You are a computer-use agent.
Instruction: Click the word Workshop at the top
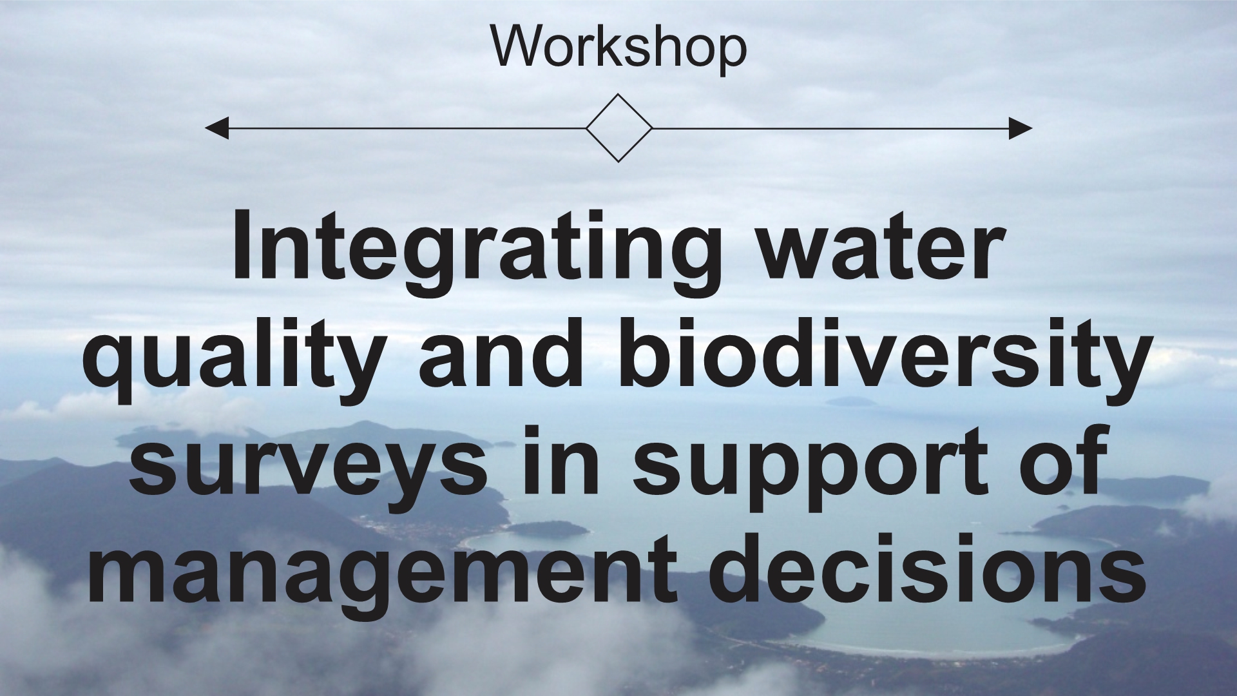(x=618, y=46)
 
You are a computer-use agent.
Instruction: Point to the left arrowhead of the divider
(x=216, y=128)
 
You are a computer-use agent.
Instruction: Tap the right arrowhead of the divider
(x=1021, y=128)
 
